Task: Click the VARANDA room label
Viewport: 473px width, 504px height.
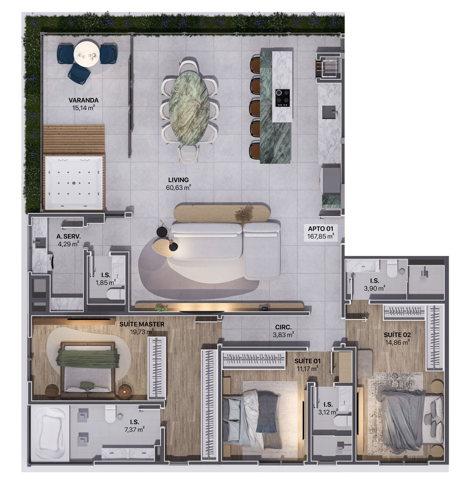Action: pos(83,100)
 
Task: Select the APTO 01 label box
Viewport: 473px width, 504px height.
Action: pos(321,232)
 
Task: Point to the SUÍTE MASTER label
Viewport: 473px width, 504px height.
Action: pos(142,324)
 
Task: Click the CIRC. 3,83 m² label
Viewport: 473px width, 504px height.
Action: pos(283,331)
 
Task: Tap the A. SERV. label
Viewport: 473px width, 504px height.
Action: pos(69,236)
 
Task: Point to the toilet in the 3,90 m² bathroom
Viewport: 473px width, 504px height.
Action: pos(392,269)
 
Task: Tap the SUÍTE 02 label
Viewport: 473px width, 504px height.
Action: pos(397,335)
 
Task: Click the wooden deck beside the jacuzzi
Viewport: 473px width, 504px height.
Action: pos(74,140)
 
